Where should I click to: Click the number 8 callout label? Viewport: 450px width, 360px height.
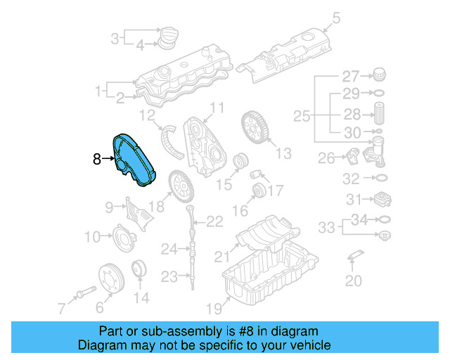pyautogui.click(x=97, y=160)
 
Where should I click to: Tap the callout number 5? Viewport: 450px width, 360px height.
pyautogui.click(x=335, y=18)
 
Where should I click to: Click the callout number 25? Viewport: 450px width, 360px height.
pyautogui.click(x=302, y=115)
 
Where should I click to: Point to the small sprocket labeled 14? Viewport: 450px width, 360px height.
pyautogui.click(x=139, y=270)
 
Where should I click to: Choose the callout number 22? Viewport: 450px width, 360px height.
pyautogui.click(x=214, y=221)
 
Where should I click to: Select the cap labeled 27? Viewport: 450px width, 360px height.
pyautogui.click(x=378, y=74)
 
